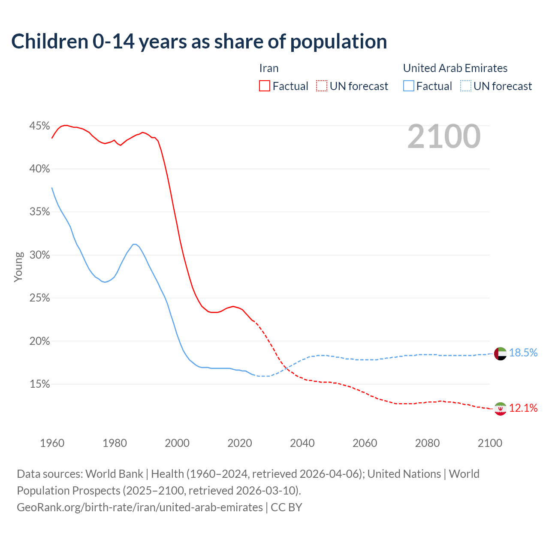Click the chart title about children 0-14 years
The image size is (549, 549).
point(199,42)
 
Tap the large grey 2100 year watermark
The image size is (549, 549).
point(443,136)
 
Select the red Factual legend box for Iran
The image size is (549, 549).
point(265,86)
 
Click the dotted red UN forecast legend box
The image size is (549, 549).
point(322,86)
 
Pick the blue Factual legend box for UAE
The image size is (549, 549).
point(409,86)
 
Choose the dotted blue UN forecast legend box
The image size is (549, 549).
point(466,86)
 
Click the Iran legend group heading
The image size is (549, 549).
point(269,68)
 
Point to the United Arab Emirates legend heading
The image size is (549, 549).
point(455,68)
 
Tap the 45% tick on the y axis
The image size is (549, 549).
point(39,126)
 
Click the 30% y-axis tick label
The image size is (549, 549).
point(39,255)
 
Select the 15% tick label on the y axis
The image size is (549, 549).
point(39,384)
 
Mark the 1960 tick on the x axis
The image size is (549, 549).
point(52,443)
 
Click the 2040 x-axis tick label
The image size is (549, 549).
point(302,443)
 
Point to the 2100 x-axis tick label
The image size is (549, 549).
point(489,443)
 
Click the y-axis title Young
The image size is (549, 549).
point(18,267)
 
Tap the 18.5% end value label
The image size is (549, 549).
point(523,353)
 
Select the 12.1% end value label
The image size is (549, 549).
point(523,408)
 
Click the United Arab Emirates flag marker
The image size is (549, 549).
point(500,354)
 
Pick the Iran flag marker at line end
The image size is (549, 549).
point(500,409)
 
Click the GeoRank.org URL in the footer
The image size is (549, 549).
point(140,507)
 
